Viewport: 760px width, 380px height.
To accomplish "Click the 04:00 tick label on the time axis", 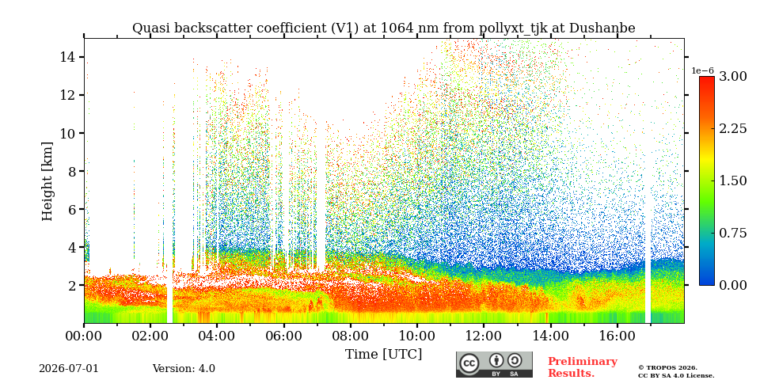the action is pyautogui.click(x=217, y=336).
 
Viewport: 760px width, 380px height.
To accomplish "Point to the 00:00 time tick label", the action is pyautogui.click(x=84, y=336).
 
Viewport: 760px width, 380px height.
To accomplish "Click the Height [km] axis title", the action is pyautogui.click(x=47, y=181).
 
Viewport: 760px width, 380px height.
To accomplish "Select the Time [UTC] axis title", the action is pyautogui.click(x=383, y=355).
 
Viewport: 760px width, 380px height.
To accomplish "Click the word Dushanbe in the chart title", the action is pyautogui.click(x=602, y=28).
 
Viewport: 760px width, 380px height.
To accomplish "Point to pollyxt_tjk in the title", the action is pyautogui.click(x=514, y=29).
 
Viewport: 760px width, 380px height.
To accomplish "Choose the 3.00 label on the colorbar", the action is pyautogui.click(x=732, y=77).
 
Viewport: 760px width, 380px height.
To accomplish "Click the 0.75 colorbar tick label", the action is pyautogui.click(x=732, y=233).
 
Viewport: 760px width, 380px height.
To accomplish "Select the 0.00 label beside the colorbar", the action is pyautogui.click(x=732, y=286).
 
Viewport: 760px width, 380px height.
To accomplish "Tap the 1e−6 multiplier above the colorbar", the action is pyautogui.click(x=702, y=70).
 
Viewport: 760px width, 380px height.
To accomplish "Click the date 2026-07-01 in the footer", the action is pyautogui.click(x=68, y=369).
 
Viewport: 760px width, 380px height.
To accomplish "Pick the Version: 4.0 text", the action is pyautogui.click(x=184, y=369).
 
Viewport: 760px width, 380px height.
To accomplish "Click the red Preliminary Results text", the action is pyautogui.click(x=583, y=367).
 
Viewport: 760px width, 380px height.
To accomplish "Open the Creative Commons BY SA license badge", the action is pyautogui.click(x=494, y=364).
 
